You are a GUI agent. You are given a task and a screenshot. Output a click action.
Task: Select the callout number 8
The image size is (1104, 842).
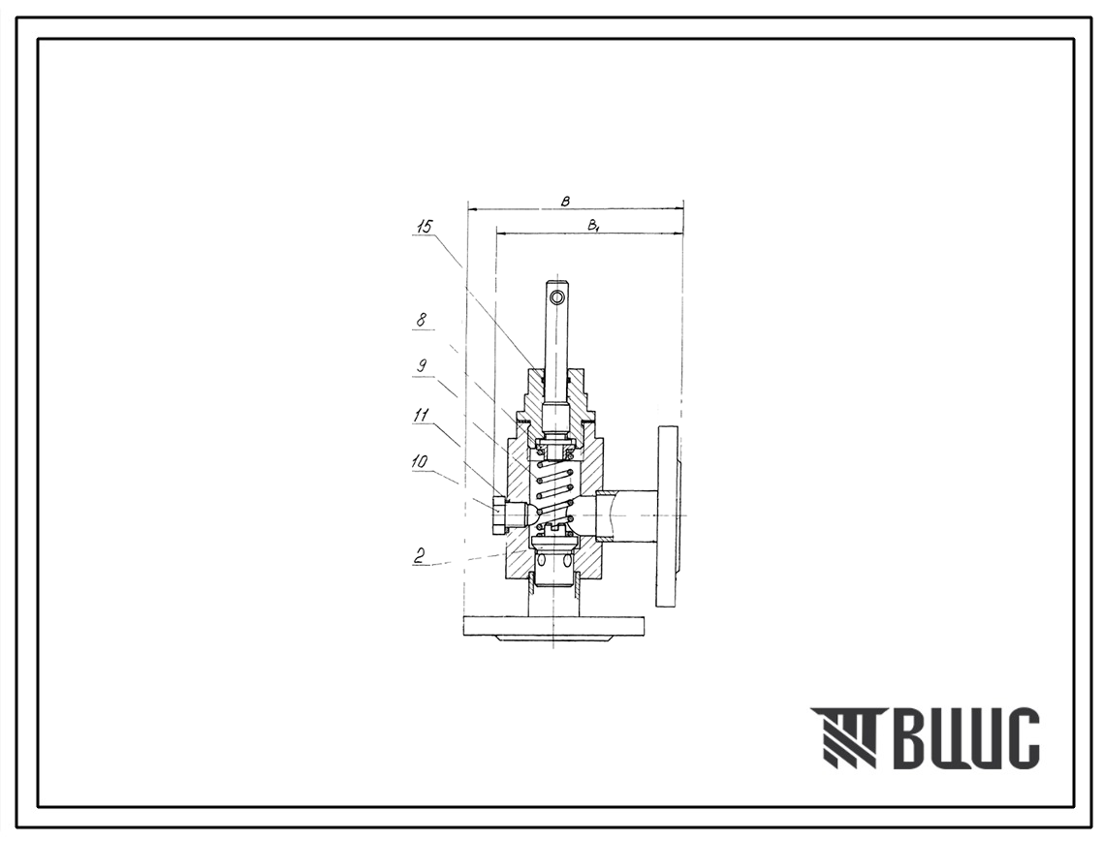click(421, 320)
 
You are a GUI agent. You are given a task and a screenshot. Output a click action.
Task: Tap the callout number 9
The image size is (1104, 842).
click(422, 366)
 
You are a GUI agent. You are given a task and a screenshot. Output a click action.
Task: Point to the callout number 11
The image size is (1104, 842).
click(421, 415)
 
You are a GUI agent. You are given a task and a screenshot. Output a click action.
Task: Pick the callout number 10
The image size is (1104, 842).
click(421, 462)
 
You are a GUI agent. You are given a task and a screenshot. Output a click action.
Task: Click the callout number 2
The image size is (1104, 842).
click(420, 555)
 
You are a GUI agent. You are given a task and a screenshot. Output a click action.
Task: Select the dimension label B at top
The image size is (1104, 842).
click(565, 202)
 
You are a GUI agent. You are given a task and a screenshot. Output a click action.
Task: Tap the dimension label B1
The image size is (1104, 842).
click(593, 226)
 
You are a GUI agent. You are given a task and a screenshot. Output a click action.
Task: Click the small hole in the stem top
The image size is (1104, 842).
click(557, 297)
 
